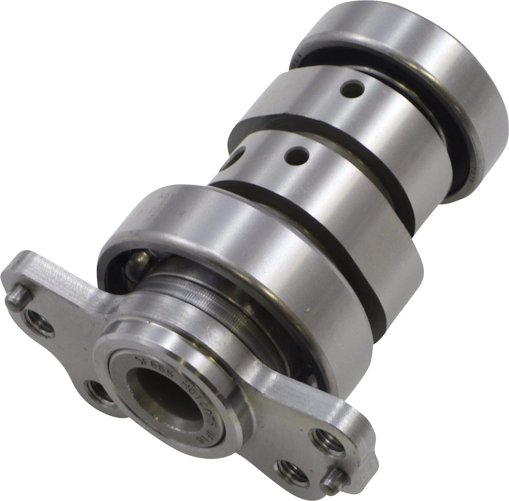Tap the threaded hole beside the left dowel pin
pyautogui.click(x=39, y=320)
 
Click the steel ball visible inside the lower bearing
pyautogui.click(x=139, y=259)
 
